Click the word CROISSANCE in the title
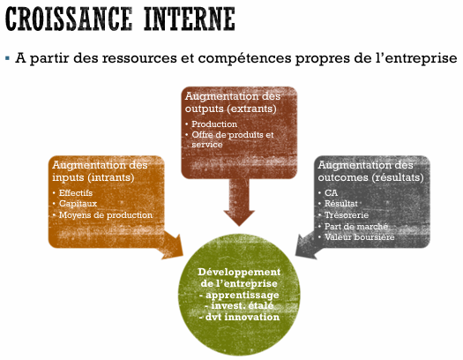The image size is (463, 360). point(69,19)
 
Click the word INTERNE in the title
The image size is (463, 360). point(190,19)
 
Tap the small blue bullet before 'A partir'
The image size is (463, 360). point(7,57)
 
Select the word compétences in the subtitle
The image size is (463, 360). point(245,58)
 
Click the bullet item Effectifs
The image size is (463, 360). point(76,193)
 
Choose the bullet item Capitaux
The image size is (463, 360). point(78,204)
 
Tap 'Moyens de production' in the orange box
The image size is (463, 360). point(106,215)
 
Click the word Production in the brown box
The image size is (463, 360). point(214,124)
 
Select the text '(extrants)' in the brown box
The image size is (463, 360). point(252,109)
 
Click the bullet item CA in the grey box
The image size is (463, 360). point(331,193)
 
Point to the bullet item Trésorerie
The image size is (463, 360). point(347,215)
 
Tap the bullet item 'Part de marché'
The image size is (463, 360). point(356,227)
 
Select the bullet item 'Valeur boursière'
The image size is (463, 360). point(359,237)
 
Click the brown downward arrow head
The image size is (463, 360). point(239,218)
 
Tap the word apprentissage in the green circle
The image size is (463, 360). point(243,295)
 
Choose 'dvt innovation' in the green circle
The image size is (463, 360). point(243,317)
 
